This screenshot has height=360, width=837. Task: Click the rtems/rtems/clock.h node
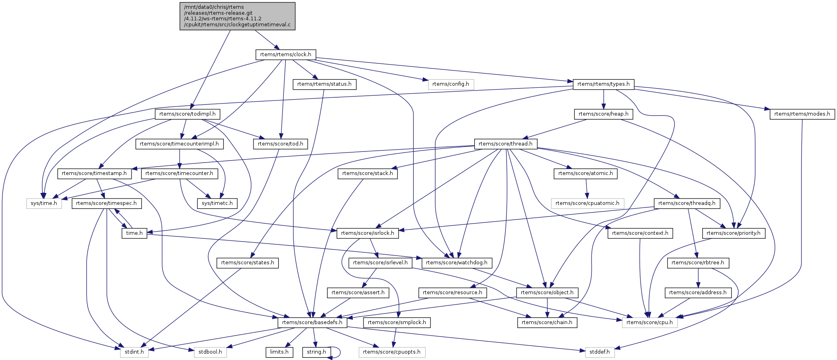click(285, 55)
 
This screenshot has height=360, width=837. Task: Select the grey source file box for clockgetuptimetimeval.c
click(237, 16)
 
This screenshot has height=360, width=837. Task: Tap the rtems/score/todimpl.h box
click(187, 114)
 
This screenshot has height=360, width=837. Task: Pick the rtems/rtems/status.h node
click(324, 84)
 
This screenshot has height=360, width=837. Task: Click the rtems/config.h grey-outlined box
click(450, 84)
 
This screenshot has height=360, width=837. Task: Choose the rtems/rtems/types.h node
click(603, 84)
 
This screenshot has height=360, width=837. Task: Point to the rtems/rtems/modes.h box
click(802, 114)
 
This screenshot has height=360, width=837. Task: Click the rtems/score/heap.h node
click(603, 114)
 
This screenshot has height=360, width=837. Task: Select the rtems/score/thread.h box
click(505, 144)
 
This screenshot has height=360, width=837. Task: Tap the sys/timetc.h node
click(217, 203)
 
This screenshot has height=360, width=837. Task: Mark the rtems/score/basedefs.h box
click(312, 323)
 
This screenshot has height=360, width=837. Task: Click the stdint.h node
click(134, 352)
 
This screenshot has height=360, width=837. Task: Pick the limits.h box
click(279, 352)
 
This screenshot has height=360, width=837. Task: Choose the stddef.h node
click(599, 352)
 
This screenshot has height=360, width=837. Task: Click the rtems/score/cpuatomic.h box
click(587, 203)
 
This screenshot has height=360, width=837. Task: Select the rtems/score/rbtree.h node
click(698, 263)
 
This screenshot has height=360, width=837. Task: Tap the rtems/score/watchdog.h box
click(456, 263)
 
